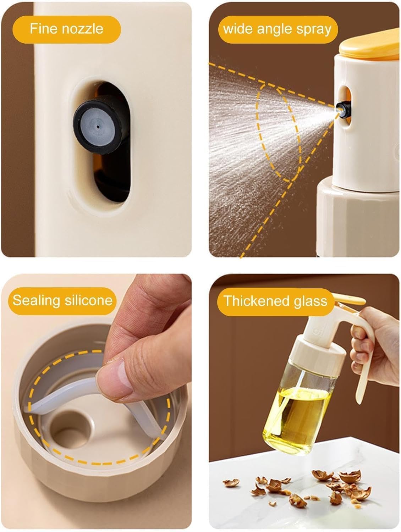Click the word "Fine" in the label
(44, 29)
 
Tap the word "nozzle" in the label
(82, 29)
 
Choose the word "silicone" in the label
(88, 300)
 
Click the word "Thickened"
(256, 301)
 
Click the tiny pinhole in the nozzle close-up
(98, 126)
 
